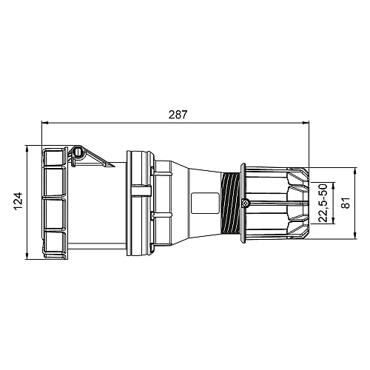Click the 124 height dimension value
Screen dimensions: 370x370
click(19, 202)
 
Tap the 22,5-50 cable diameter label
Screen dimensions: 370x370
click(323, 202)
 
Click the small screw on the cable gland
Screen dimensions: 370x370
click(246, 203)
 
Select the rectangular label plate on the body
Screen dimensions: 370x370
click(201, 202)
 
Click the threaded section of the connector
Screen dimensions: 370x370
click(231, 202)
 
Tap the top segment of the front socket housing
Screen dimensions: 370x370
click(54, 158)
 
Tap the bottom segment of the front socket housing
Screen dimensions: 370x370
click(54, 244)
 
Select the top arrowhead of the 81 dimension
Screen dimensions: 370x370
click(336, 168)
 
